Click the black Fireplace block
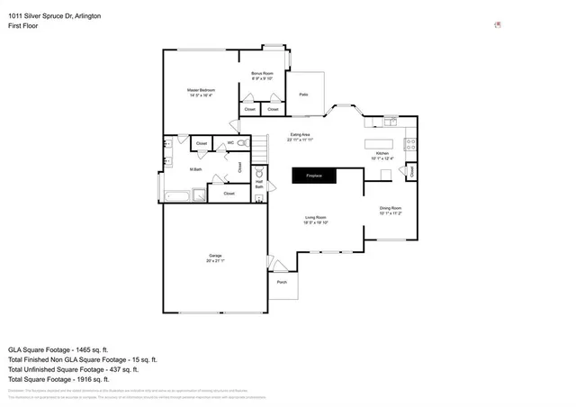coord(313,176)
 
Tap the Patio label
coord(303,94)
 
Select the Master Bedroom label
coord(201,91)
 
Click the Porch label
coord(282,282)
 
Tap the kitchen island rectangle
coord(380,144)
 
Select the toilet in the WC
coord(245,143)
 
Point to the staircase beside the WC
coord(259,146)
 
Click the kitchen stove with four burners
coord(409,144)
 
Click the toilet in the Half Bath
coord(258,172)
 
